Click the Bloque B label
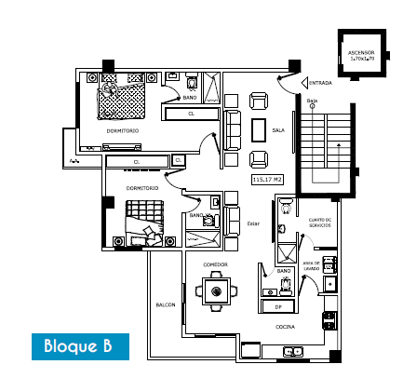(78, 346)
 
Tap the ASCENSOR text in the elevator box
(360, 53)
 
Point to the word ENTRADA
(321, 82)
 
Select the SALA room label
(277, 131)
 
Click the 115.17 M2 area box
(266, 178)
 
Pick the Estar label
(254, 223)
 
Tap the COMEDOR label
(216, 265)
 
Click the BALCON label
(165, 304)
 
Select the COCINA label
(286, 327)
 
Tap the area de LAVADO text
(310, 265)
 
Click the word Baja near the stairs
(313, 100)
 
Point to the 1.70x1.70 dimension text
(360, 60)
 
